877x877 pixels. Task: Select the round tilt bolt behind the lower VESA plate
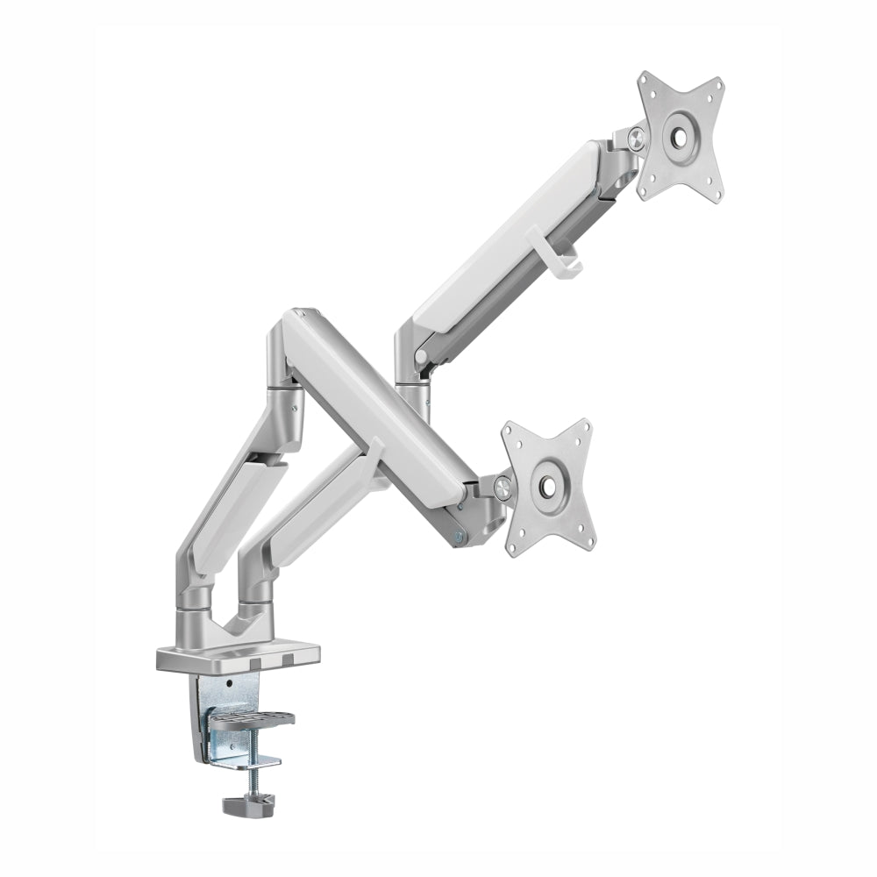[503, 486]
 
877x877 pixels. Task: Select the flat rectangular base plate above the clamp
[237, 655]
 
